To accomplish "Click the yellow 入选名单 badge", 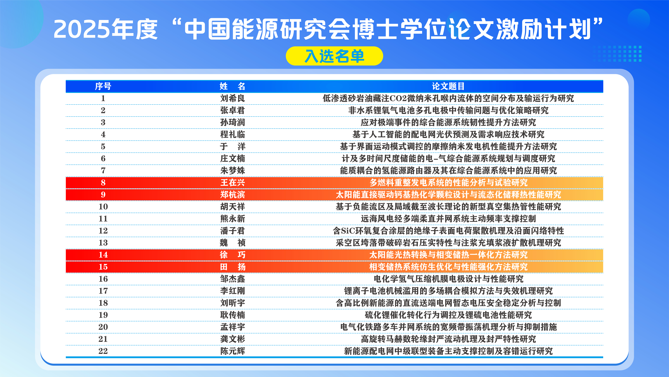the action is pyautogui.click(x=334, y=56).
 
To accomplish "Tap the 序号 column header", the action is pyautogui.click(x=103, y=86).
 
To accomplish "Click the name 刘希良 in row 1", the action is pyautogui.click(x=233, y=98).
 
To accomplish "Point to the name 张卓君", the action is pyautogui.click(x=233, y=110).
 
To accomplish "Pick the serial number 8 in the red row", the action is pyautogui.click(x=103, y=183).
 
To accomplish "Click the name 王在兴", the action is pyautogui.click(x=233, y=183).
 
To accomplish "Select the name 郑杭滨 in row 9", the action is pyautogui.click(x=233, y=195).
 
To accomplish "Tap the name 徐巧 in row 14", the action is pyautogui.click(x=233, y=255).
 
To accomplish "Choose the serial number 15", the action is pyautogui.click(x=103, y=267).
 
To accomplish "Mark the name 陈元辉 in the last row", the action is pyautogui.click(x=233, y=351).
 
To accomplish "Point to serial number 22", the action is pyautogui.click(x=103, y=351).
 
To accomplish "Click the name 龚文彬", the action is pyautogui.click(x=233, y=339).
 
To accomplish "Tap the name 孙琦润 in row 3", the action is pyautogui.click(x=233, y=122).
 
